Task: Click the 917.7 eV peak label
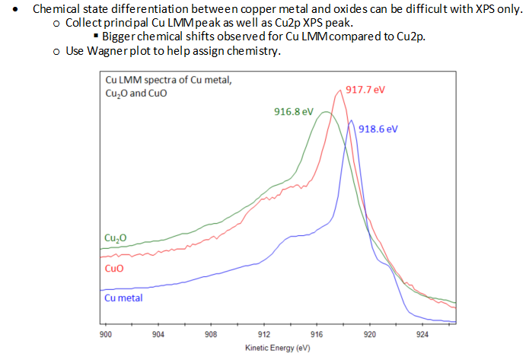365,89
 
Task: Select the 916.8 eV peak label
294,112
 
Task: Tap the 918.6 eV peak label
378,129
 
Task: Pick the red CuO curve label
113,269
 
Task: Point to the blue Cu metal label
123,298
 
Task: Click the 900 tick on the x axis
106,334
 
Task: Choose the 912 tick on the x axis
264,334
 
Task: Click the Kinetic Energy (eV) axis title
278,348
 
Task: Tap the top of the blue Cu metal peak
351,120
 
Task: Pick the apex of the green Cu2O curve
326,113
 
